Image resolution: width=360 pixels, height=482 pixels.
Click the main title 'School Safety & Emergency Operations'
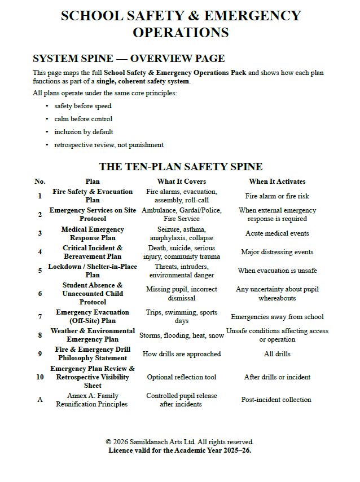point(181,24)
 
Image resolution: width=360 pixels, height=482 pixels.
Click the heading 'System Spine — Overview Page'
point(129,59)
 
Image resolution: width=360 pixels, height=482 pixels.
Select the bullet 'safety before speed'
point(83,106)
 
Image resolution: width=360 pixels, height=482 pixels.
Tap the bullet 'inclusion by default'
point(84,132)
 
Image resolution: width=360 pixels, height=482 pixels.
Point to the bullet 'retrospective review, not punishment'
point(109,145)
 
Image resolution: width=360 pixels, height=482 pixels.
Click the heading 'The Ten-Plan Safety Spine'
point(181,166)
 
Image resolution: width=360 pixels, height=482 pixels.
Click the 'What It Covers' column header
point(181,182)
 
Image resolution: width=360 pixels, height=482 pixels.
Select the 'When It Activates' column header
point(276,182)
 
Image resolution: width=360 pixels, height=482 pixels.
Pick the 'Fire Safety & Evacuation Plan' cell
point(93,196)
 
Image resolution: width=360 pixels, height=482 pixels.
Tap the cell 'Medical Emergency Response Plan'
point(93,233)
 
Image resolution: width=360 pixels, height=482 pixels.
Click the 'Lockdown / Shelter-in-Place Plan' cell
point(93,271)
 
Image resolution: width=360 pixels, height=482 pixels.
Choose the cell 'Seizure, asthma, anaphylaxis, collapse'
point(181,233)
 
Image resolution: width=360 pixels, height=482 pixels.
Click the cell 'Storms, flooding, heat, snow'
point(181,335)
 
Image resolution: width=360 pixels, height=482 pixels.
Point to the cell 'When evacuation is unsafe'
point(276,271)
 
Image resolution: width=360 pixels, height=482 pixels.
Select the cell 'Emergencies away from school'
point(276,317)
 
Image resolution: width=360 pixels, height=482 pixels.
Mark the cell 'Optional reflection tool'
point(181,377)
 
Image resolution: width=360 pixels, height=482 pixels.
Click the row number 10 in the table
point(39,377)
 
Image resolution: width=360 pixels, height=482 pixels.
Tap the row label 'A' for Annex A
point(39,400)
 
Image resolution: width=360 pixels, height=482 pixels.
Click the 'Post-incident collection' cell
point(276,400)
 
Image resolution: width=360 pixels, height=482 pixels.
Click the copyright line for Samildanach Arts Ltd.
point(180,442)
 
